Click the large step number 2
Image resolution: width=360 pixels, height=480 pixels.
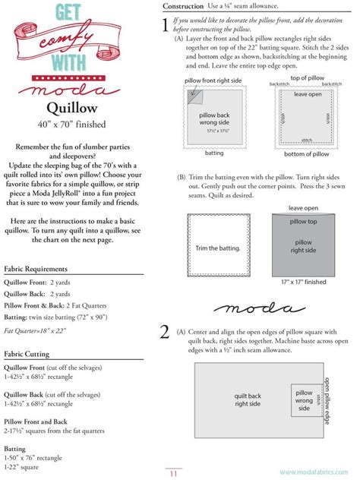pos(165,332)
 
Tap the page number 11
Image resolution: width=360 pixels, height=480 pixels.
pos(173,474)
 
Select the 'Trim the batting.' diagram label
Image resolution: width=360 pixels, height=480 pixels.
pos(218,248)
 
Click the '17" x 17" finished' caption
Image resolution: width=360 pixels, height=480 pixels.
pos(303,282)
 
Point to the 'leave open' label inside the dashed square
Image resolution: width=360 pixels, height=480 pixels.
pos(308,95)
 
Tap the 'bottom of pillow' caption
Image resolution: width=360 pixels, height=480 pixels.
pos(305,153)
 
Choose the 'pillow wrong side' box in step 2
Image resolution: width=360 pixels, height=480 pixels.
pos(304,400)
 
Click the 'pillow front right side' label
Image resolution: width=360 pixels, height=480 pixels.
pos(213,81)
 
